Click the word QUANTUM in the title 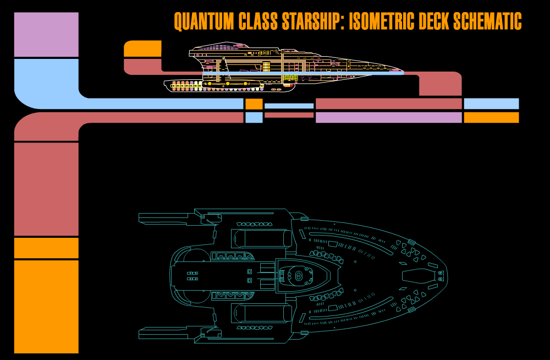(x=204, y=21)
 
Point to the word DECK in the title (x=435, y=21)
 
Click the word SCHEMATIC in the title (x=487, y=21)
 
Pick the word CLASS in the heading (x=258, y=21)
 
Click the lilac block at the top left (x=46, y=35)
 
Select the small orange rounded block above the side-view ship (x=142, y=48)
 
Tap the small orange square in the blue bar (x=254, y=104)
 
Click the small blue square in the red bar (x=254, y=117)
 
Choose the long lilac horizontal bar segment (x=389, y=117)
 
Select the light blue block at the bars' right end (x=491, y=103)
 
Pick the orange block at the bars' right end (x=491, y=117)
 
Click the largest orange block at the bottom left (x=46, y=307)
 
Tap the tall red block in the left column (x=46, y=189)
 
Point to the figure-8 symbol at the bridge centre (x=299, y=276)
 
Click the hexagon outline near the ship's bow (x=419, y=276)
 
